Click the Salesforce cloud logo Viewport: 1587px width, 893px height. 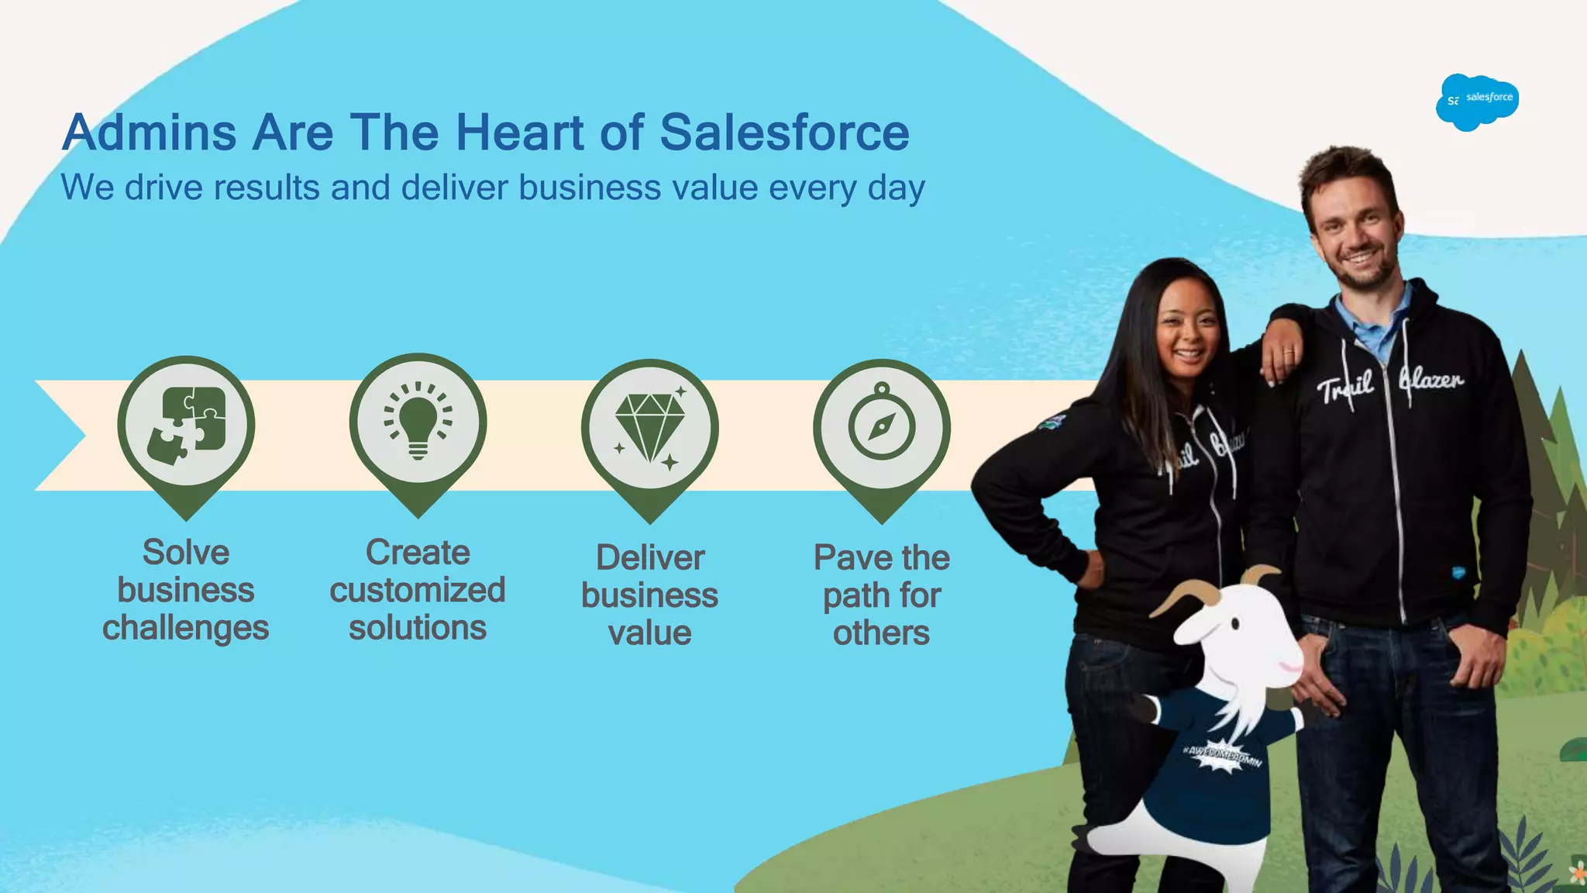coord(1477,102)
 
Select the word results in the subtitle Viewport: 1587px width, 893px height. coord(266,188)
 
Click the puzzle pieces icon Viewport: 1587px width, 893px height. coord(186,425)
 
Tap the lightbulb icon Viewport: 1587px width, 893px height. coord(418,423)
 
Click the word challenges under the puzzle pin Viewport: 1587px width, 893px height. coord(185,628)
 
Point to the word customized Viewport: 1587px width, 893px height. coord(417,591)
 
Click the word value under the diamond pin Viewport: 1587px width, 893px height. coord(649,633)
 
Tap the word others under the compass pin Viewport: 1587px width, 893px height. coord(881,633)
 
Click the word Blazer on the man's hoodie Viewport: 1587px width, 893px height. coord(1431,380)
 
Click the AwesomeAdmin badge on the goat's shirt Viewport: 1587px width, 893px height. coord(1222,756)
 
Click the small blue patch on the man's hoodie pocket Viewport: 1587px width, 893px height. coord(1458,574)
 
